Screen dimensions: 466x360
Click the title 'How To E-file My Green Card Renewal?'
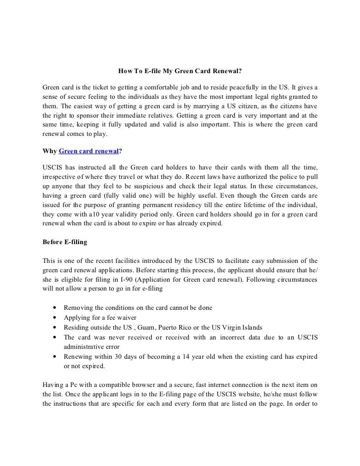180,71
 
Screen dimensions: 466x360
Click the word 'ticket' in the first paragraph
100,86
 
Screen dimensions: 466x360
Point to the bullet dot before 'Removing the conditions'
53,308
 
